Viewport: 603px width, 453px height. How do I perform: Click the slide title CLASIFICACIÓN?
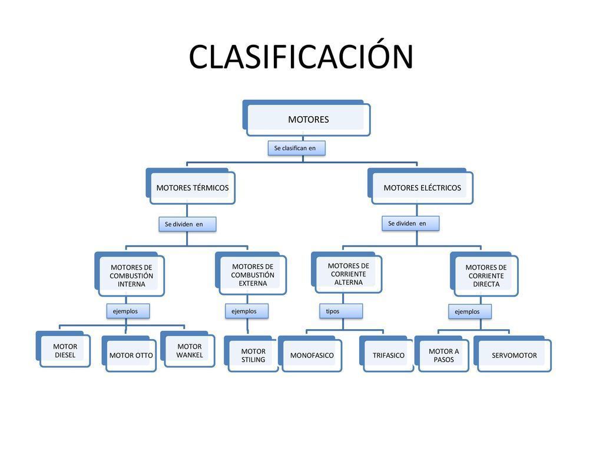point(301,57)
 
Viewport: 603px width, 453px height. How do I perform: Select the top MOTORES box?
point(308,119)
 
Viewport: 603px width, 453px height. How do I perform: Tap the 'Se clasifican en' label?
point(296,148)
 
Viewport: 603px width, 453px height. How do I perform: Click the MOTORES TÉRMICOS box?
point(192,188)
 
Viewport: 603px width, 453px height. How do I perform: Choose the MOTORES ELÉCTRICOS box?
point(422,188)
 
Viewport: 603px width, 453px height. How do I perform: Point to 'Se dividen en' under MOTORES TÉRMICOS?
point(187,224)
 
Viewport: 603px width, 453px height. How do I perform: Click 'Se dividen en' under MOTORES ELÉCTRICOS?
point(410,224)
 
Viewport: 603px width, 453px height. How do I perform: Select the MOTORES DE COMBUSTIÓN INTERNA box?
point(131,275)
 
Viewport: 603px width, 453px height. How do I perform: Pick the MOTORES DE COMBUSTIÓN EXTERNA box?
point(252,275)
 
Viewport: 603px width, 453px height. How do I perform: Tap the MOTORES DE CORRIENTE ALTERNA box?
point(348,274)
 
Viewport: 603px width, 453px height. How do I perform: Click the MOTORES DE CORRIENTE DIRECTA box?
point(486,275)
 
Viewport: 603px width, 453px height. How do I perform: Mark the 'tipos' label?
point(341,311)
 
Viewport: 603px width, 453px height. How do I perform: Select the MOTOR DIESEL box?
point(65,351)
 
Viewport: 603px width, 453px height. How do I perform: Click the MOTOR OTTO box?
point(131,355)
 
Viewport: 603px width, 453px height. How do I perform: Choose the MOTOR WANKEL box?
point(189,351)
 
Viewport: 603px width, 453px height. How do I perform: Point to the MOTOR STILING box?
point(253,355)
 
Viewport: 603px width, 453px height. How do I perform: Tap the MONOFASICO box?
point(312,355)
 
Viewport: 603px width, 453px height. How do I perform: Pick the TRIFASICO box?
point(388,355)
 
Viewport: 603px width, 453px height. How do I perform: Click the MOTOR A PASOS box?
point(443,355)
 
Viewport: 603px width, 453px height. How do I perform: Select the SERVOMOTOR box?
point(514,355)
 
